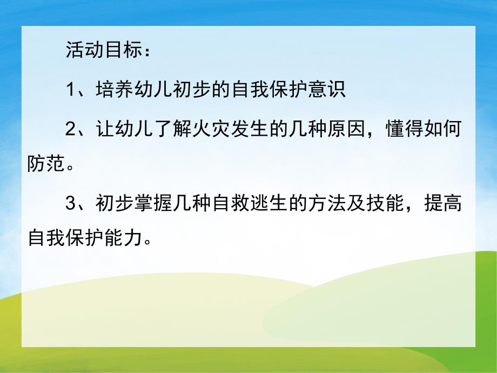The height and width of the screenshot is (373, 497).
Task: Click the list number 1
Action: point(71,89)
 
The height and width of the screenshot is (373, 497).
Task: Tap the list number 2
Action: point(71,130)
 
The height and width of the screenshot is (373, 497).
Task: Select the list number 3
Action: point(71,204)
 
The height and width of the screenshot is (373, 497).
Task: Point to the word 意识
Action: point(327,89)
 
